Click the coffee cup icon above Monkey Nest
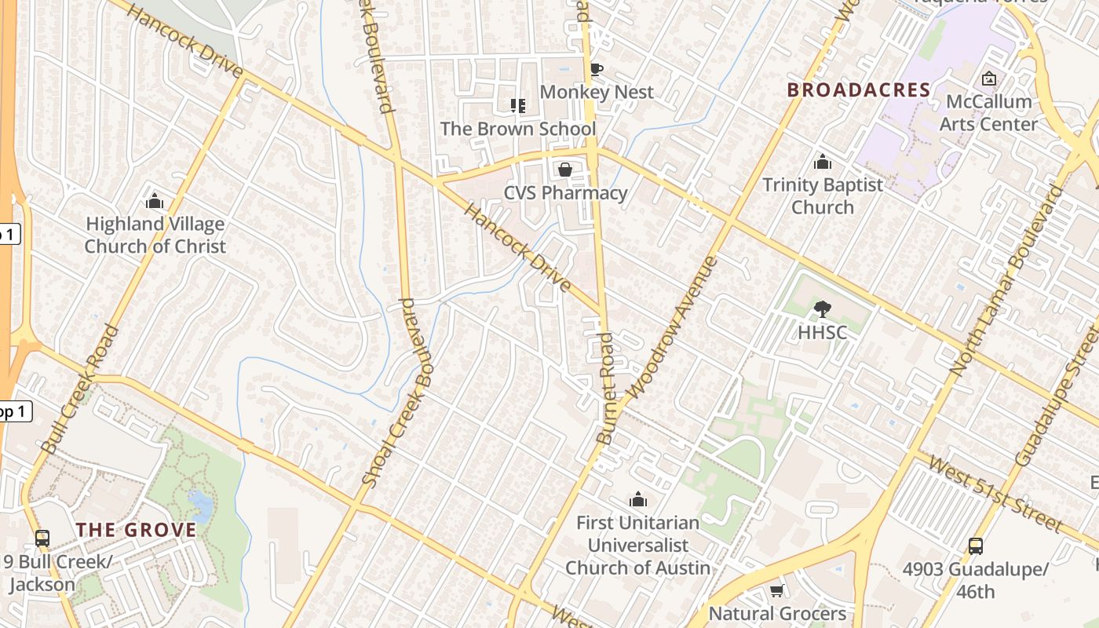click(597, 69)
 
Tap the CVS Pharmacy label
click(565, 193)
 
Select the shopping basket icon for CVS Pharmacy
click(564, 170)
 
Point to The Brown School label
click(518, 129)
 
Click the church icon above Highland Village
click(155, 201)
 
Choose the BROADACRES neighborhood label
click(859, 90)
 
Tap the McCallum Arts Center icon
click(989, 78)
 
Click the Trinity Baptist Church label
click(823, 196)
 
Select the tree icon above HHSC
click(822, 309)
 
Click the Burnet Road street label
click(607, 389)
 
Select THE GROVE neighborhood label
click(137, 530)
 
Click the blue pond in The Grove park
click(199, 506)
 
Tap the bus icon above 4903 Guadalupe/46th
click(975, 546)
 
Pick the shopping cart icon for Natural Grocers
click(777, 590)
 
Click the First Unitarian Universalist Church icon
click(638, 499)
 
